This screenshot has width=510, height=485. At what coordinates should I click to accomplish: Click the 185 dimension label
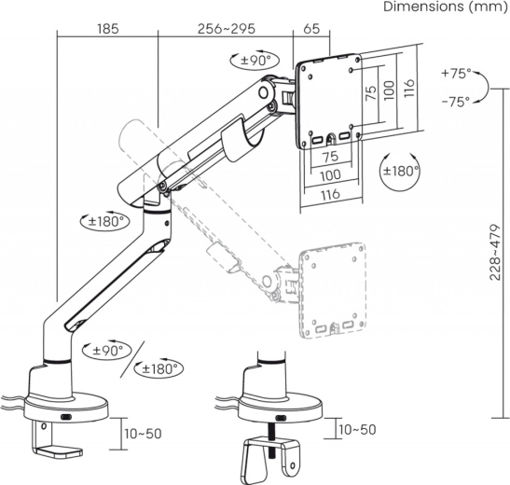tap(108, 29)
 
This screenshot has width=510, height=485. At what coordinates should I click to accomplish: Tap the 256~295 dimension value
tap(227, 29)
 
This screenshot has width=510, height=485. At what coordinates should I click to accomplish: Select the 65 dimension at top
tap(311, 29)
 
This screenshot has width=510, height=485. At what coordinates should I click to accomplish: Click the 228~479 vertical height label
tap(495, 252)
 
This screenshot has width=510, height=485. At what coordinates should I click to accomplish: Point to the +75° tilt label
tap(456, 74)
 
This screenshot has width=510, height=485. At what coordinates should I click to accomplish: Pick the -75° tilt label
tap(456, 102)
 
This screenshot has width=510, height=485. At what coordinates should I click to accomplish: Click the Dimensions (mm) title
tap(445, 7)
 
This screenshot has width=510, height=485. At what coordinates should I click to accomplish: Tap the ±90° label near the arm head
tap(255, 61)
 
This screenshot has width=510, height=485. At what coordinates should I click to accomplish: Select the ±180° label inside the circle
tap(401, 171)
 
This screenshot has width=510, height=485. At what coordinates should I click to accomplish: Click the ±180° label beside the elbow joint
tap(106, 222)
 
